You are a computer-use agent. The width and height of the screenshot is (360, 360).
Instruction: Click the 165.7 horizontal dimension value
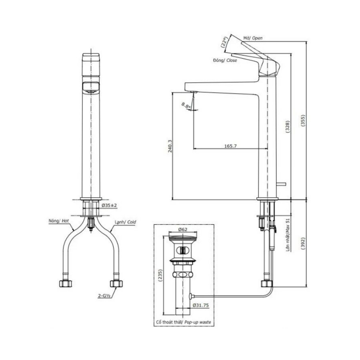coord(230,146)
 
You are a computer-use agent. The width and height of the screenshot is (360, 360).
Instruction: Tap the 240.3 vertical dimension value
coord(170,146)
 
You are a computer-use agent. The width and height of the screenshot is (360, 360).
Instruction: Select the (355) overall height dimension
coord(303,121)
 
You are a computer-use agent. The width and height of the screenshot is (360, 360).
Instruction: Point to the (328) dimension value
coord(287,127)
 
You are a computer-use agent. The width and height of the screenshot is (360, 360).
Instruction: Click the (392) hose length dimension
coord(303,244)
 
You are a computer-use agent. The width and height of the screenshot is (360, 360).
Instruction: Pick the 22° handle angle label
coord(224,42)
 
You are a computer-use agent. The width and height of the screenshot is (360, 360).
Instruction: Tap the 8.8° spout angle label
coord(186,105)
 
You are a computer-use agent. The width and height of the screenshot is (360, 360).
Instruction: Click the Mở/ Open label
coord(253,38)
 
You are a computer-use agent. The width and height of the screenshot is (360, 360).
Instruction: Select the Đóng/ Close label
coord(225,60)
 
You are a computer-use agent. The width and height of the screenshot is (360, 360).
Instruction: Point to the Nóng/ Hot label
coord(59,221)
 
